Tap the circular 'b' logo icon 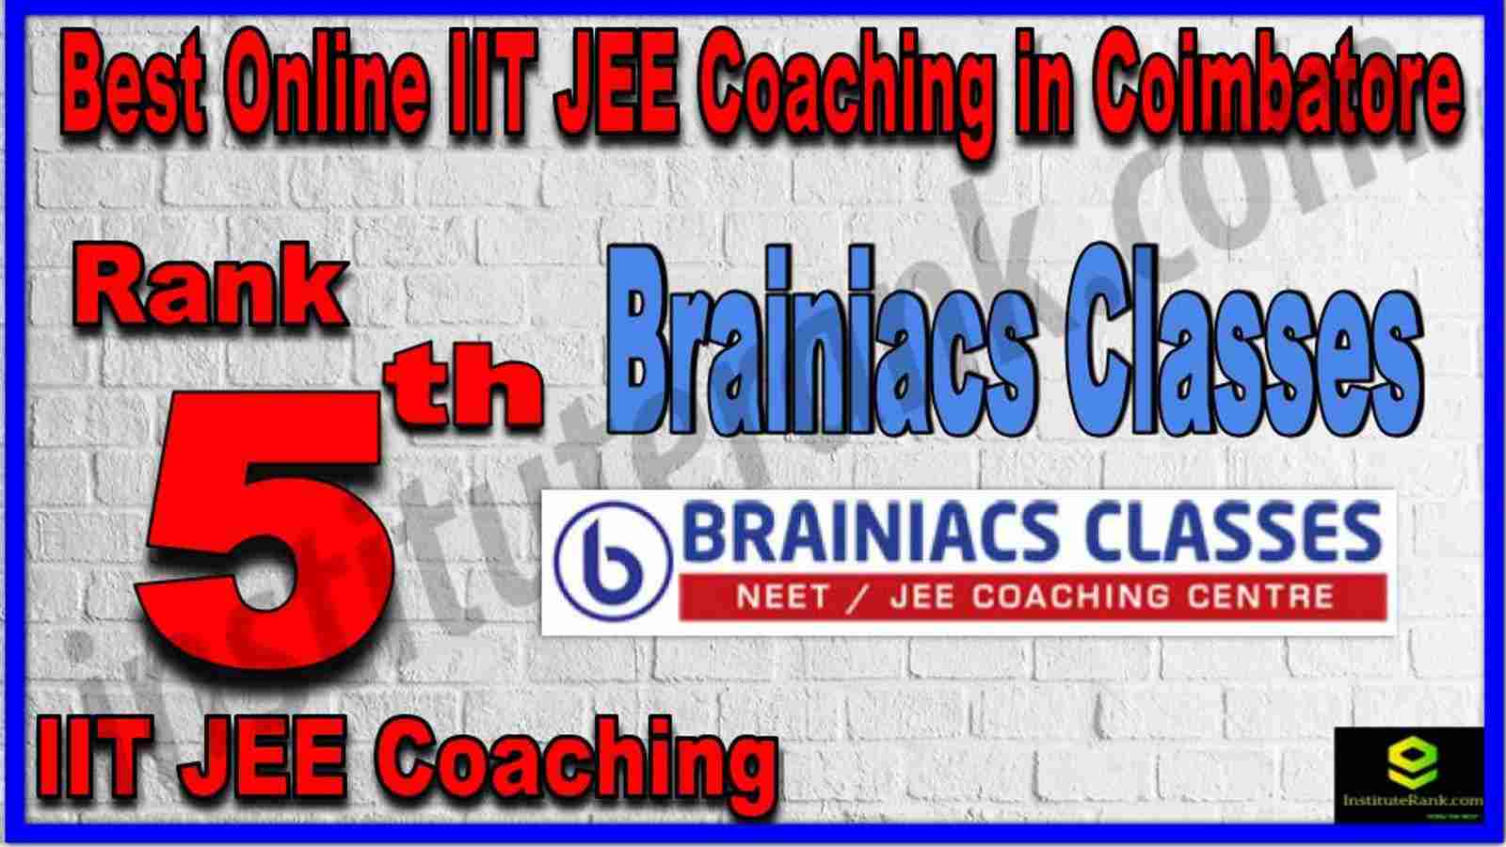click(x=613, y=562)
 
